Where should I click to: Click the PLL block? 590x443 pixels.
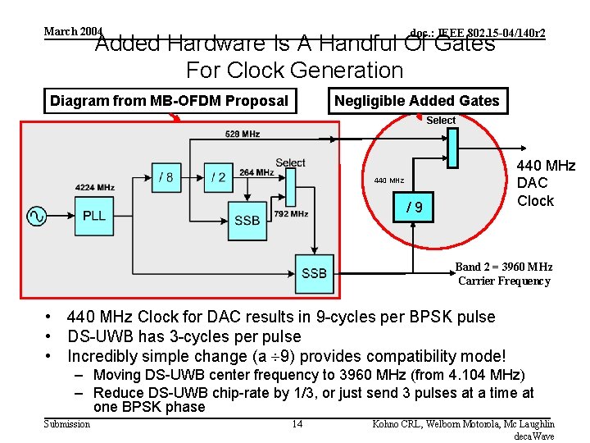coord(93,216)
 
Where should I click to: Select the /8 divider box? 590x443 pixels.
coord(165,177)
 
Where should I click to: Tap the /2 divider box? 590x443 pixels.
coord(218,177)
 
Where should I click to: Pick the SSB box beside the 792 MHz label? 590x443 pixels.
coord(247,220)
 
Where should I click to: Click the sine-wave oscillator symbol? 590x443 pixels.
coord(37,216)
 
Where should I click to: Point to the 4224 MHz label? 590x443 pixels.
coord(94,187)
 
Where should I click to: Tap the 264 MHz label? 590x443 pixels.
coord(256,173)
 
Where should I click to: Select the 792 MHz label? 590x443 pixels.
coord(291,214)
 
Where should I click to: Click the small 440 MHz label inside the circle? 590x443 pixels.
coord(388,180)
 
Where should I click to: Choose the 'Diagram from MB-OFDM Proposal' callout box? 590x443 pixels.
coord(169,101)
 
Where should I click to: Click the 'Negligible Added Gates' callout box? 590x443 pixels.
coord(416,101)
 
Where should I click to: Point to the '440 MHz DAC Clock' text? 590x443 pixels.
coord(546,184)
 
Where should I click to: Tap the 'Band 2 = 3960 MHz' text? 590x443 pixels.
coord(503,267)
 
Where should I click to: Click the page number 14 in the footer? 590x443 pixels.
coord(297,424)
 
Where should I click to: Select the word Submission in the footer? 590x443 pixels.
coord(67,424)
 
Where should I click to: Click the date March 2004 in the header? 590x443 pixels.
coord(73,31)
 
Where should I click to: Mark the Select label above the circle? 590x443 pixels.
coord(440,121)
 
